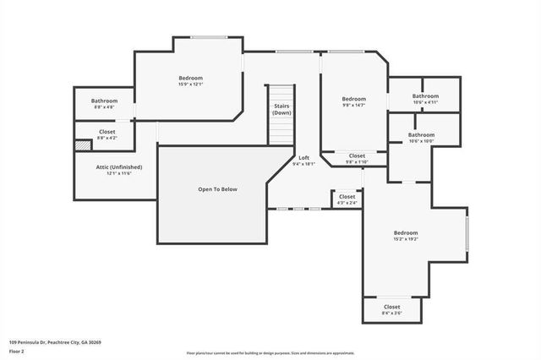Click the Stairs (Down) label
point(281,109)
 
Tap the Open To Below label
point(217,189)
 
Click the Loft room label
point(303,158)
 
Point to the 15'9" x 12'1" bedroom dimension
point(190,85)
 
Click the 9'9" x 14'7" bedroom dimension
point(353,105)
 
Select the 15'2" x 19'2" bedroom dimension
point(405,239)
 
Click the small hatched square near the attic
point(82,145)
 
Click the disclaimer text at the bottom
point(270,352)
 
